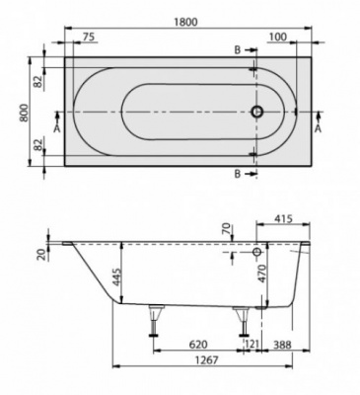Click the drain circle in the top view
pos(257,113)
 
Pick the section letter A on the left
pos(56,128)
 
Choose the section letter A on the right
pos(318,128)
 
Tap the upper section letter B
pos(238,48)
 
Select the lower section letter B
pos(238,174)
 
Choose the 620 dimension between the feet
pos(197,346)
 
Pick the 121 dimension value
pos(252,346)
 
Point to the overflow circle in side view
pos(257,253)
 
